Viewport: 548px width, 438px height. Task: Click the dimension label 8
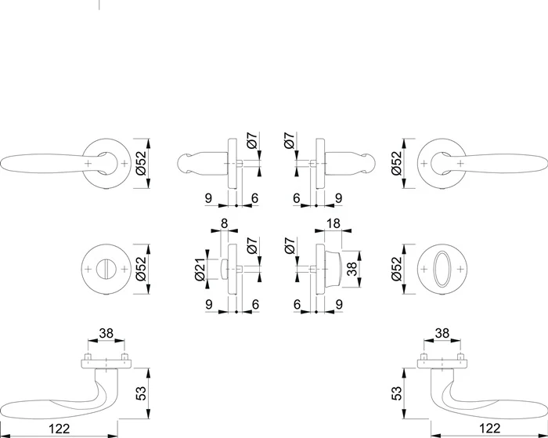[225, 223]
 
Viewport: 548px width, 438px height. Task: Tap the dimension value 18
[333, 223]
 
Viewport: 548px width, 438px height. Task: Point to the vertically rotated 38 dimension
[352, 269]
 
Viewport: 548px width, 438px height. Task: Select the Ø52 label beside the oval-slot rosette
[397, 269]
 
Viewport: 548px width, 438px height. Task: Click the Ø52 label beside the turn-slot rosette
[140, 269]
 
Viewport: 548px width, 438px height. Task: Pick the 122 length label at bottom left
[59, 428]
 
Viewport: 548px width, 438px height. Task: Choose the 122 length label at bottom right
[490, 428]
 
